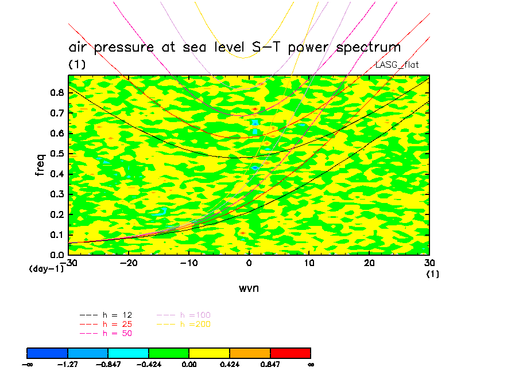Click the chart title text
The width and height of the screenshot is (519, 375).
(x=234, y=47)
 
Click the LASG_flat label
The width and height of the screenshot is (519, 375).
(x=397, y=65)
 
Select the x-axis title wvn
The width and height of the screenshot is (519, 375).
(x=249, y=288)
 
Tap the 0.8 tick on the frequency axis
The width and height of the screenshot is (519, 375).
(x=57, y=93)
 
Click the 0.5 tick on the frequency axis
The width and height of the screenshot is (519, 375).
(x=57, y=154)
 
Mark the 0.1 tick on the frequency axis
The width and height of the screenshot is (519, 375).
(x=57, y=235)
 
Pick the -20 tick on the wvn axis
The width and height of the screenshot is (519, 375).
(x=127, y=263)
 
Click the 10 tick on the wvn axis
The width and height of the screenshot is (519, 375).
(x=309, y=263)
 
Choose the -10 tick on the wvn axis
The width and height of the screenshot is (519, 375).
(x=187, y=263)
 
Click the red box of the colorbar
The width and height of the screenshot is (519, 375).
(x=290, y=353)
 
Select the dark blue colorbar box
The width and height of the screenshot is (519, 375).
(x=48, y=353)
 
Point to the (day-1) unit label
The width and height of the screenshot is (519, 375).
(x=46, y=268)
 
